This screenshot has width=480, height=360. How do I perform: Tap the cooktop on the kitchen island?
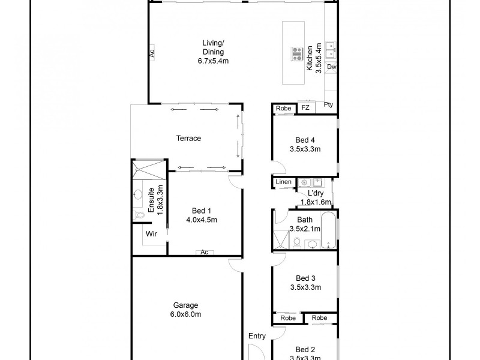[x=297, y=54]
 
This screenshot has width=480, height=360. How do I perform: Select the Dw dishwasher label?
[x=331, y=67]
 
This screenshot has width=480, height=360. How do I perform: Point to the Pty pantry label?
[x=329, y=105]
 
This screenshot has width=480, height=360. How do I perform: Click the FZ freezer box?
[x=305, y=108]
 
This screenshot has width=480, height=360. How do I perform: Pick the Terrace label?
[x=188, y=139]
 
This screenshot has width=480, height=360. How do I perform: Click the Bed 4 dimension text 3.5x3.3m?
[x=305, y=149]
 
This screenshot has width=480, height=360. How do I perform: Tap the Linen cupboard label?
[x=284, y=182]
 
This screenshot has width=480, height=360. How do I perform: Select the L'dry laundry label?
[x=316, y=193]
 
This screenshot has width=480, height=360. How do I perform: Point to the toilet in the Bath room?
[x=296, y=242]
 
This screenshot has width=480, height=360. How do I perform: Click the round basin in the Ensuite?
[x=137, y=194]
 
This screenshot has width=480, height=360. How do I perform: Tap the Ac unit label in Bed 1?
[x=204, y=252]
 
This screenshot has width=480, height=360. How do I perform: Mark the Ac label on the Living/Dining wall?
[x=152, y=53]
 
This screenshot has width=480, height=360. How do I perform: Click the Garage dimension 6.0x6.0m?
[x=186, y=314]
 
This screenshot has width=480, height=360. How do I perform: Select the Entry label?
[x=257, y=336]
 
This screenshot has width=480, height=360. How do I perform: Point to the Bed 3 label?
[x=305, y=278]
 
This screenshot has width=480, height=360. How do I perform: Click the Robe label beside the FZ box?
[x=284, y=109]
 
